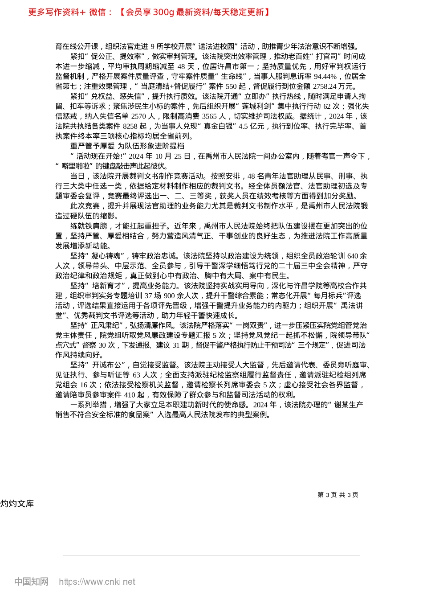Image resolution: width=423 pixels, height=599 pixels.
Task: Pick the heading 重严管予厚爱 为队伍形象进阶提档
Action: [127, 146]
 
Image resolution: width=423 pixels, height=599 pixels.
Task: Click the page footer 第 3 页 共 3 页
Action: [338, 495]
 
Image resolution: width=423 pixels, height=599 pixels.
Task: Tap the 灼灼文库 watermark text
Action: [17, 504]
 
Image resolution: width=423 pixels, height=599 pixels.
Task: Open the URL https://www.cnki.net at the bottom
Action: [97, 582]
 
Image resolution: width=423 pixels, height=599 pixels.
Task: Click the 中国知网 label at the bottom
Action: [31, 582]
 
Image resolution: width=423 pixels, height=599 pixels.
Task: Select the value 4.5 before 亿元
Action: [243, 127]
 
